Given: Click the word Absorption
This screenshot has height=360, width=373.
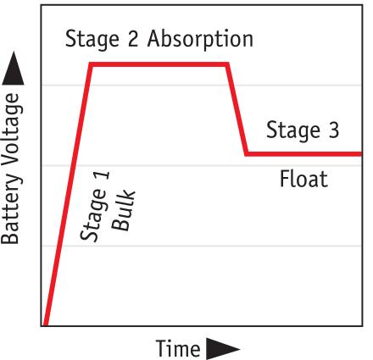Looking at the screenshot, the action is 200,40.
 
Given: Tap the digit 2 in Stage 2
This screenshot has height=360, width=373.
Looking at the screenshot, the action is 133,38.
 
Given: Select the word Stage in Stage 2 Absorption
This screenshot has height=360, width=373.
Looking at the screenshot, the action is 92,40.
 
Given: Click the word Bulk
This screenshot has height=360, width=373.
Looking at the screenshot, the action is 123,209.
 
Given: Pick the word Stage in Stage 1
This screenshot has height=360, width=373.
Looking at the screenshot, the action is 94,215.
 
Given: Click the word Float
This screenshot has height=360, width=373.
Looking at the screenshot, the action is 303,179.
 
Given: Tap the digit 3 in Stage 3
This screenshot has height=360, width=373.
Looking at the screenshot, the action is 333,130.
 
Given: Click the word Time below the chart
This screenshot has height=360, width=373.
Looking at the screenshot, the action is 178,348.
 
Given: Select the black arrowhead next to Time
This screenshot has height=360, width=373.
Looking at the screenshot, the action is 223,349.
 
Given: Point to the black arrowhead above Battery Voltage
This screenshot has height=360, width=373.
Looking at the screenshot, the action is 13,68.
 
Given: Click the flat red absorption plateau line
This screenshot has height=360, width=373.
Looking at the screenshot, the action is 159,64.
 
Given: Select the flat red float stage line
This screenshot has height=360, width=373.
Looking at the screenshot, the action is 304,154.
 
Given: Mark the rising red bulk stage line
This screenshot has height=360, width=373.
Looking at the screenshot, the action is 68,195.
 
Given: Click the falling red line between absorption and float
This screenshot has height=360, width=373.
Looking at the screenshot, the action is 237,109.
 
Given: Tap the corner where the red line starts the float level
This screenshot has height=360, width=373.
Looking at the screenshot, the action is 247,154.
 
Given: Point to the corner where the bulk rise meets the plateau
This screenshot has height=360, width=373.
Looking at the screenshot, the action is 91,64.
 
